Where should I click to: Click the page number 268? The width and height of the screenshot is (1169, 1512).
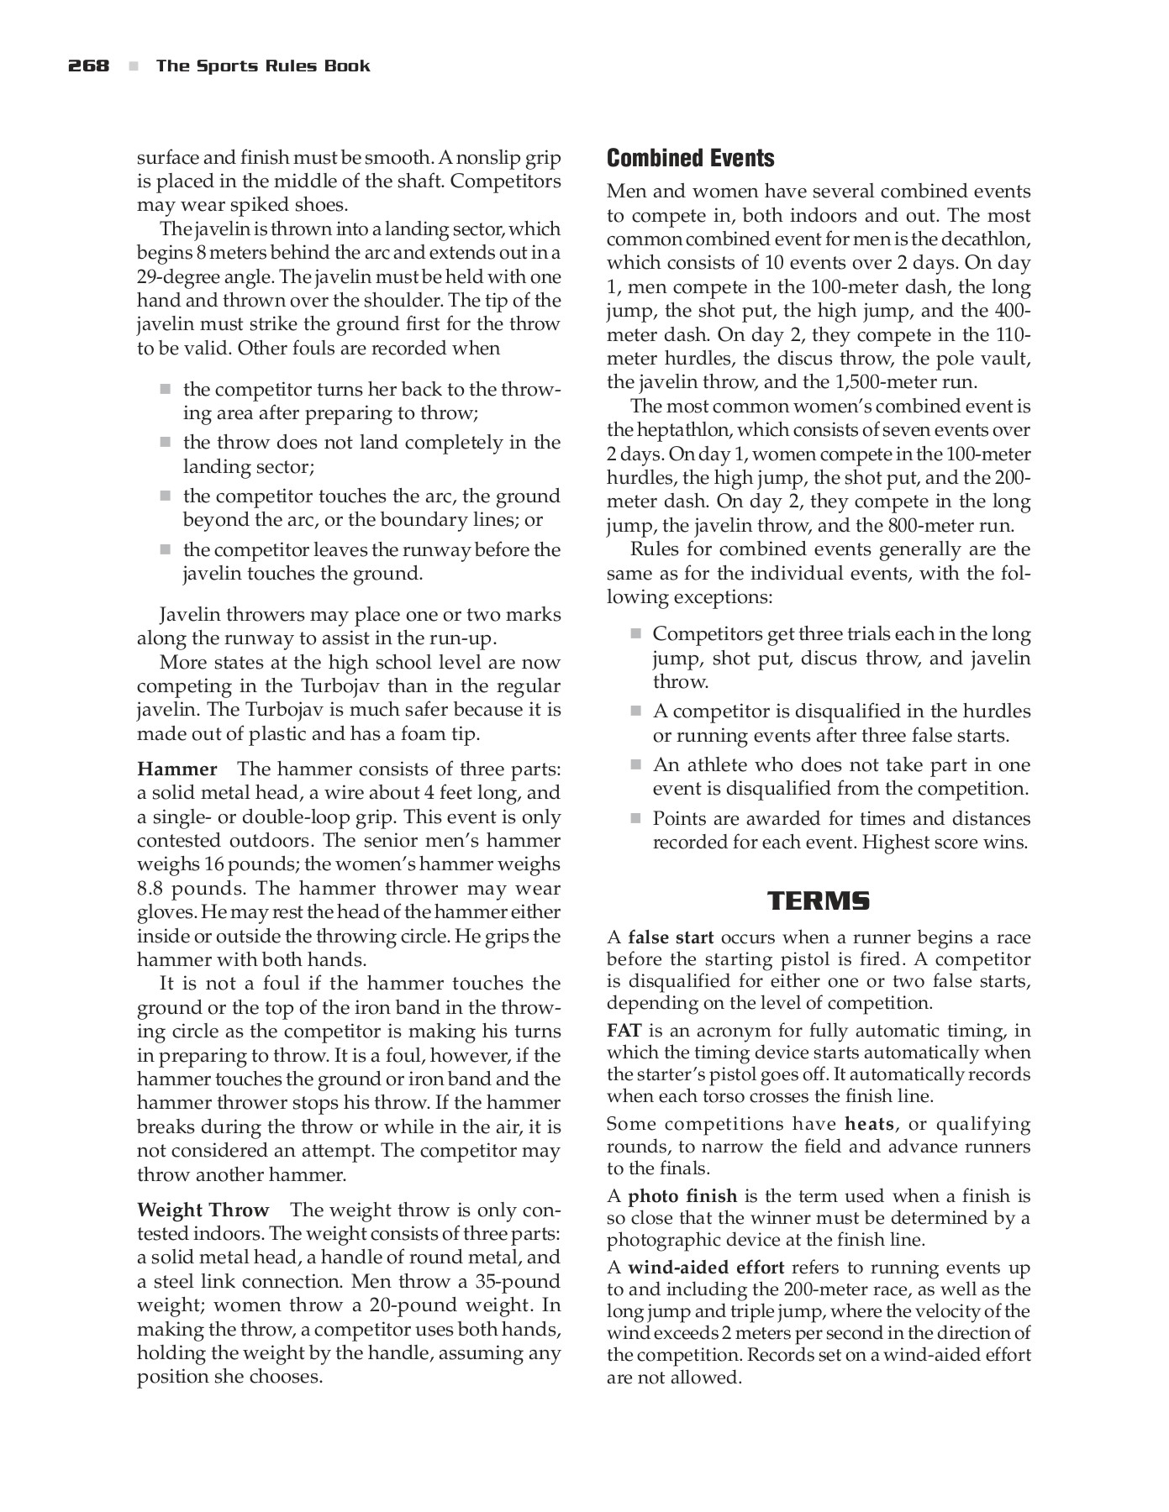click(89, 66)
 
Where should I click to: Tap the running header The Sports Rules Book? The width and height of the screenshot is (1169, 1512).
click(263, 66)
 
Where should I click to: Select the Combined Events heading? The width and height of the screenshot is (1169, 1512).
click(690, 158)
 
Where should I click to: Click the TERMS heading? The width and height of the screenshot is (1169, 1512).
click(819, 901)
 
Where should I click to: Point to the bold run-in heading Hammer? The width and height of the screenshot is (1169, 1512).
click(177, 769)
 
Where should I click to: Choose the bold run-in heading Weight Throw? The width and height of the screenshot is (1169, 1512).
click(203, 1210)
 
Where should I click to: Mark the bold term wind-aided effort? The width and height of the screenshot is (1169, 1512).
click(706, 1268)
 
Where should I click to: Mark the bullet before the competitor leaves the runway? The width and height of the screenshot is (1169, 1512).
click(166, 549)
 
